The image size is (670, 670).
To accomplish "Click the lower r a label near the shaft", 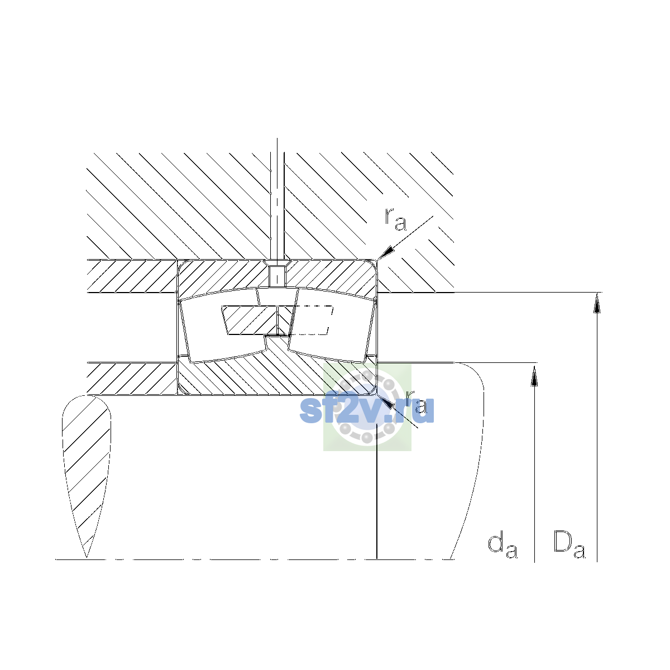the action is [416, 402].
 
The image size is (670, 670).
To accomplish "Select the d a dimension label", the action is [502, 546].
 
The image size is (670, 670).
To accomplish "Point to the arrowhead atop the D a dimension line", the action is [597, 303].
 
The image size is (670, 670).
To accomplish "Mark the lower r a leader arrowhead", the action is [385, 401].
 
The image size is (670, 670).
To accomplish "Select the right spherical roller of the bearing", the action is [332, 325].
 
